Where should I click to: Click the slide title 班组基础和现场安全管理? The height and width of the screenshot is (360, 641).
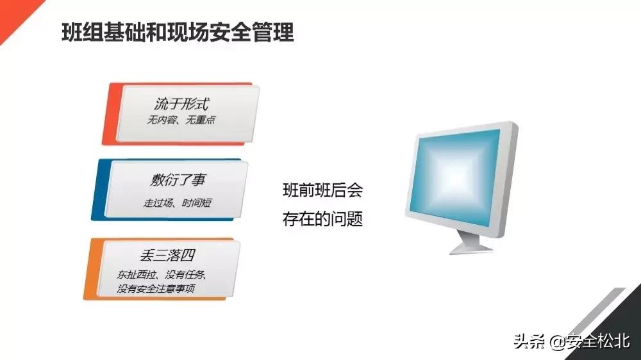pyautogui.click(x=178, y=31)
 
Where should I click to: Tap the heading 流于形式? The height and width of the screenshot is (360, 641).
pyautogui.click(x=183, y=103)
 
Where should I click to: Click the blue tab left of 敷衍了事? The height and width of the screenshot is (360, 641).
pyautogui.click(x=98, y=190)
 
